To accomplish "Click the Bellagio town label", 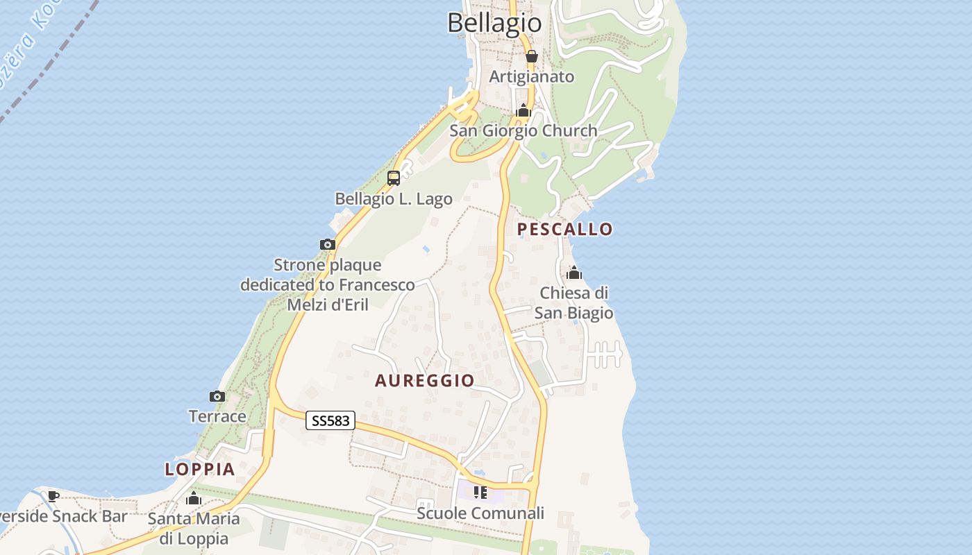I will [x=494, y=23].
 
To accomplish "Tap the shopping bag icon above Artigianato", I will [x=531, y=56].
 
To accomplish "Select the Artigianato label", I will [x=532, y=76].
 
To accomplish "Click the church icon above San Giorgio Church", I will [x=523, y=110].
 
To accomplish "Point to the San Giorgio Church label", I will [x=523, y=130].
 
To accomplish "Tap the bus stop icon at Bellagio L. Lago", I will [x=394, y=178].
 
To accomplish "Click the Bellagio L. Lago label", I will [x=394, y=199].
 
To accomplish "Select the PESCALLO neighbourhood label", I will [x=565, y=229].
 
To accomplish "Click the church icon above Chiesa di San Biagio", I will [x=574, y=273].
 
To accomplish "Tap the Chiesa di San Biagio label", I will [x=574, y=302].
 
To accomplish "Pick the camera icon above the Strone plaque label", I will [x=328, y=244].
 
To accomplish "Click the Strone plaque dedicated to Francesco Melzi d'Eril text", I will [x=328, y=284].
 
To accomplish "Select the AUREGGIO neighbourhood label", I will [x=425, y=380].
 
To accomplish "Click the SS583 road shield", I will [x=330, y=420].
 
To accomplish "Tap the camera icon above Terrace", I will [x=217, y=396].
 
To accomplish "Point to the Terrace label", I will [x=217, y=416].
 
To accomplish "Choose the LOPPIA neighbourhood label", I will [x=200, y=469].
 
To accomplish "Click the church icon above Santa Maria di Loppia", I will [x=194, y=498].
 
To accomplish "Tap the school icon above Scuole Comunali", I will [x=480, y=493].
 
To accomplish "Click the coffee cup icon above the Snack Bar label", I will [x=53, y=496].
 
